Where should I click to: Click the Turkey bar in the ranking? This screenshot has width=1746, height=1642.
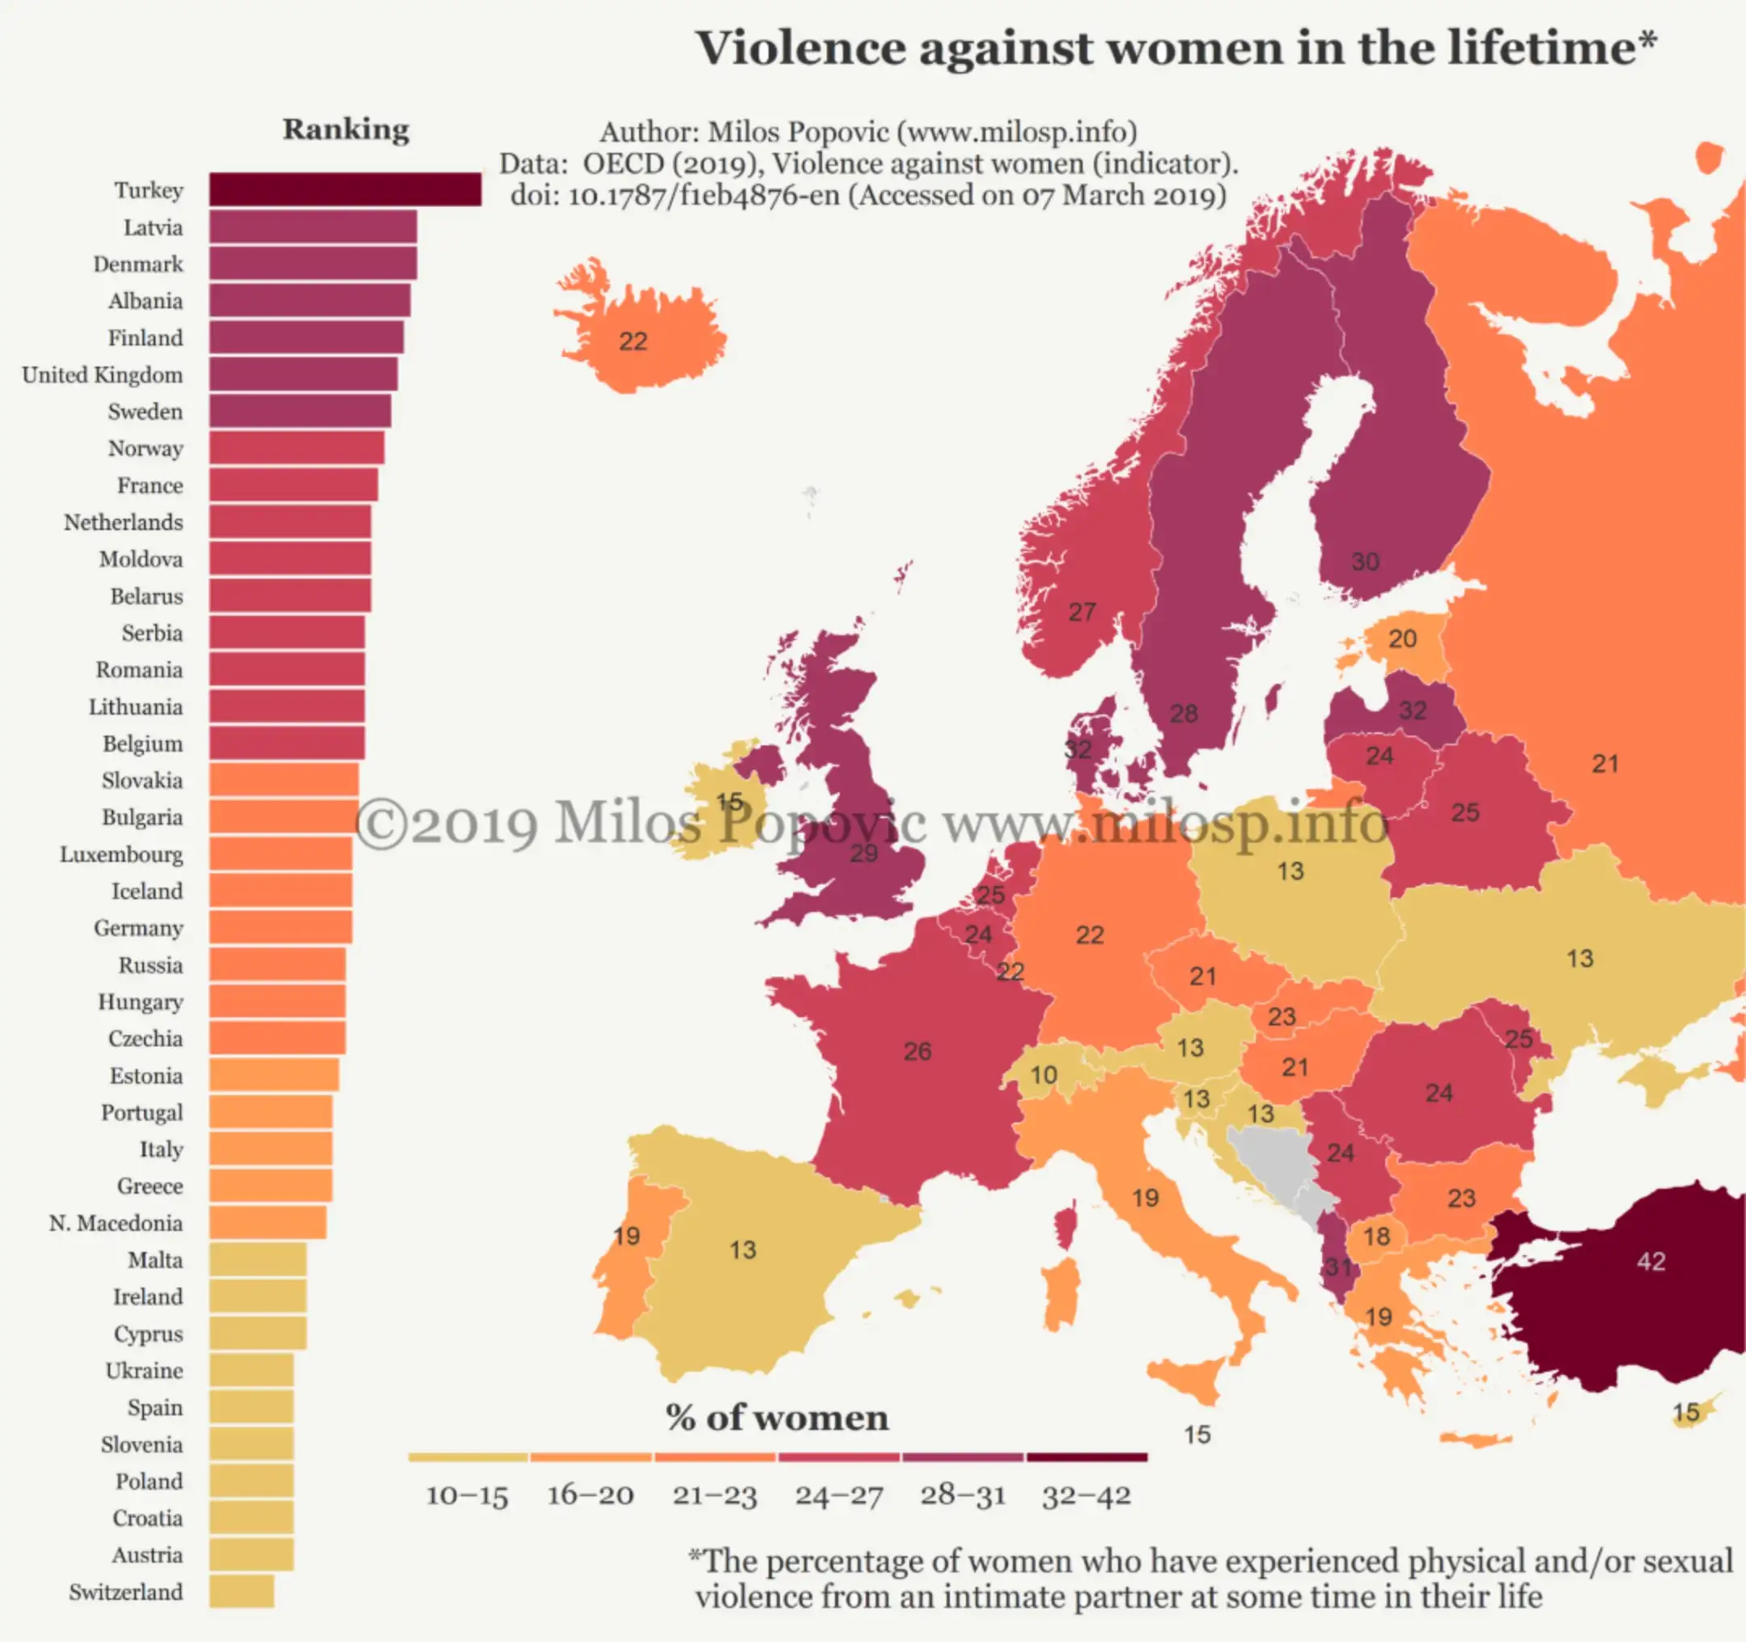coord(345,189)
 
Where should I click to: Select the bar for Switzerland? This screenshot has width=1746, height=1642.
coord(242,1591)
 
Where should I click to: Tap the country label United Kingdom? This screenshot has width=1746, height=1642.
coord(103,375)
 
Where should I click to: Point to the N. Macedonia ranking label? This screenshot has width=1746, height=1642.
coord(116,1223)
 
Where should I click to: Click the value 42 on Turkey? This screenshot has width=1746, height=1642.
coord(1651,1262)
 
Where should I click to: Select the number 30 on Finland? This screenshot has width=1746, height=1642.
coord(1365,562)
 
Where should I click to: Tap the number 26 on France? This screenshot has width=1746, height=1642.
coord(917,1050)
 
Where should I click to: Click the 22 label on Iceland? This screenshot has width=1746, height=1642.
coord(633,341)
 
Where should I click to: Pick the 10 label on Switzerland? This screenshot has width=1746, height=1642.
coord(1044,1075)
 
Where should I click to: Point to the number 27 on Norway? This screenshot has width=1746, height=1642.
coord(1081,612)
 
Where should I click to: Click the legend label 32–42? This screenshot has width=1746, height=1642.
coord(1087,1496)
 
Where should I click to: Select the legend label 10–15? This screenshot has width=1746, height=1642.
coord(467,1496)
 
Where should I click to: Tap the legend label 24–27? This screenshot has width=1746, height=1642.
coord(839,1496)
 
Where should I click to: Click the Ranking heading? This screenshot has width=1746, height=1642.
coord(346,130)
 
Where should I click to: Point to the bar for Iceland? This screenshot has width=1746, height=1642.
coord(280,891)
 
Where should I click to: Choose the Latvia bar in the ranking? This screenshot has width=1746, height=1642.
coord(312,227)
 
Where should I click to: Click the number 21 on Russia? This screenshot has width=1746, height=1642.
coord(1604,763)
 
